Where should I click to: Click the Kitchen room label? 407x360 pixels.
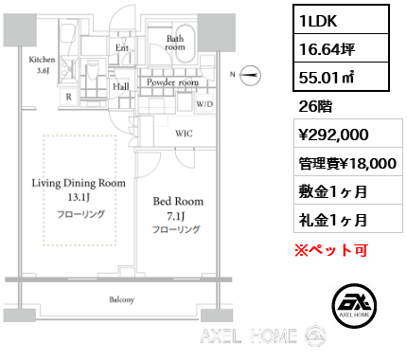click(42, 60)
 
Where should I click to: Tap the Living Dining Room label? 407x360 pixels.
click(79, 183)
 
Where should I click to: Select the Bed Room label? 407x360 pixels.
click(178, 202)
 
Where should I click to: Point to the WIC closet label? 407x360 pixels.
click(184, 134)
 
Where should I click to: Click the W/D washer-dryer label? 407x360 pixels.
click(204, 104)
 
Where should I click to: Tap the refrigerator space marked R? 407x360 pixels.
click(69, 98)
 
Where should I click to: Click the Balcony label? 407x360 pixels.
click(121, 299)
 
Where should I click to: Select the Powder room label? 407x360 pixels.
click(172, 82)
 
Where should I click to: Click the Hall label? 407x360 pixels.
click(121, 86)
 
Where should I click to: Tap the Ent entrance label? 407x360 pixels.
click(122, 48)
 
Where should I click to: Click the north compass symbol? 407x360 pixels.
click(250, 75)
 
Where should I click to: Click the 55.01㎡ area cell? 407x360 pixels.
click(341, 77)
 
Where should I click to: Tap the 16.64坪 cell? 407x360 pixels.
click(341, 48)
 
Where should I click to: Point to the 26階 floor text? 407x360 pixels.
click(315, 106)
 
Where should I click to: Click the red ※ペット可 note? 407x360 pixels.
click(331, 250)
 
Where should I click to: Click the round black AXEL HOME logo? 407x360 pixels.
click(354, 305)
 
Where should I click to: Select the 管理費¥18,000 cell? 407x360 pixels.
click(348, 162)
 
